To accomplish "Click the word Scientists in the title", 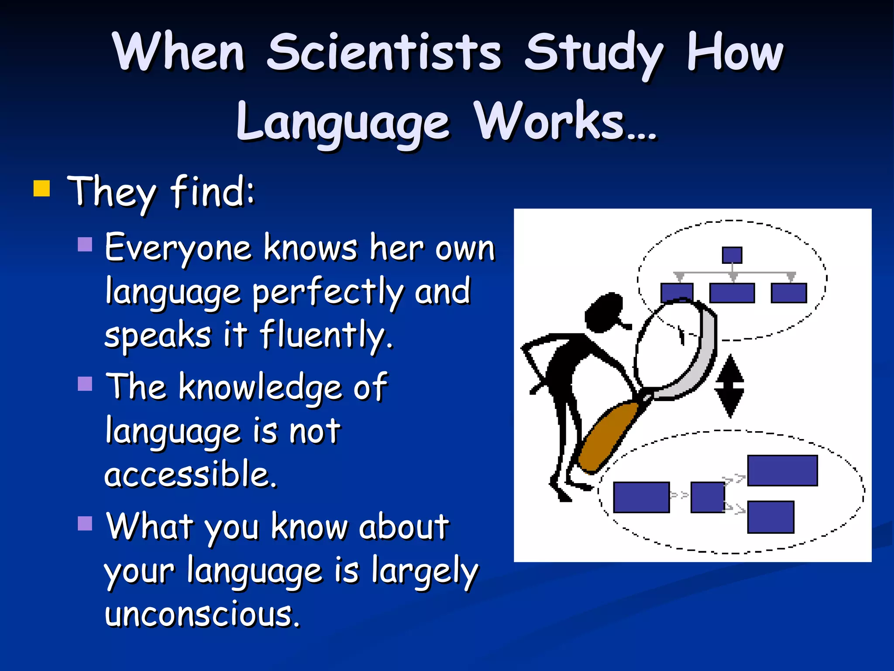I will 384,52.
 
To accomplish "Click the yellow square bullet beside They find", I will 42,189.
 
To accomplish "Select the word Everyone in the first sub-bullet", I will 178,248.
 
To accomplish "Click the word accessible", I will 191,474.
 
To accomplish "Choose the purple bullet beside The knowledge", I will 85,384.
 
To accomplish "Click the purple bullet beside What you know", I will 85,523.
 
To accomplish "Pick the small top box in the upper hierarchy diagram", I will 732,255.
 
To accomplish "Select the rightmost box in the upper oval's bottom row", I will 788,293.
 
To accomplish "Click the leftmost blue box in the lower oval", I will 641,497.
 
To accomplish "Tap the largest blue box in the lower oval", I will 782,470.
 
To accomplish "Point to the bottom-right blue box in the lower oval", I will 770,517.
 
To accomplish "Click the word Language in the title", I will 343,122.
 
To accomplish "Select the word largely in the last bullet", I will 425,571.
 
